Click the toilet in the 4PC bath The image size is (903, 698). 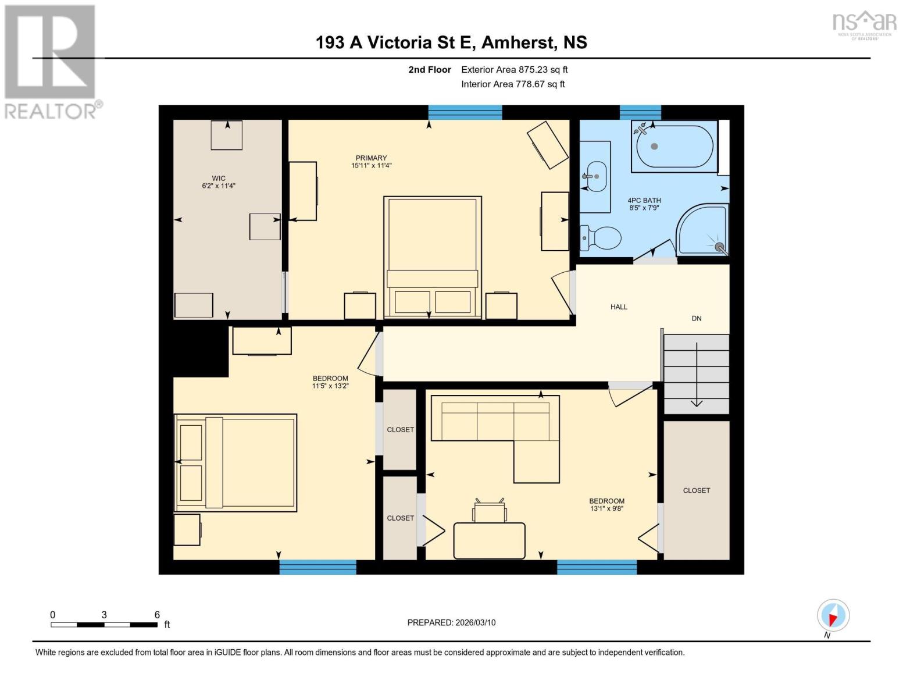(601, 238)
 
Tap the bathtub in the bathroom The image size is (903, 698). (674, 147)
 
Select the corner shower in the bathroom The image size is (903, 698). (704, 229)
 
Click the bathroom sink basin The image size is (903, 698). (594, 176)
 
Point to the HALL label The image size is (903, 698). (619, 307)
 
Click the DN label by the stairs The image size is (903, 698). (696, 318)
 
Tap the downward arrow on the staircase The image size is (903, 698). (697, 375)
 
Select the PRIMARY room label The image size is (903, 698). (371, 158)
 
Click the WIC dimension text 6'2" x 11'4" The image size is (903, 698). (219, 186)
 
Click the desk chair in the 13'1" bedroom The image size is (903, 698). (490, 510)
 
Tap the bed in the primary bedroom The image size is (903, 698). (432, 256)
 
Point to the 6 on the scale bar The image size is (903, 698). (157, 614)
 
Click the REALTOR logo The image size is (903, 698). (51, 61)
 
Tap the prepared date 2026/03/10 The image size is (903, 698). (451, 622)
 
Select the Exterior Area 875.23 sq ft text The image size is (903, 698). (514, 69)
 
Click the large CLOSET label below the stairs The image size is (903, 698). (696, 490)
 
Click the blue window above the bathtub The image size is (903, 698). (640, 112)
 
